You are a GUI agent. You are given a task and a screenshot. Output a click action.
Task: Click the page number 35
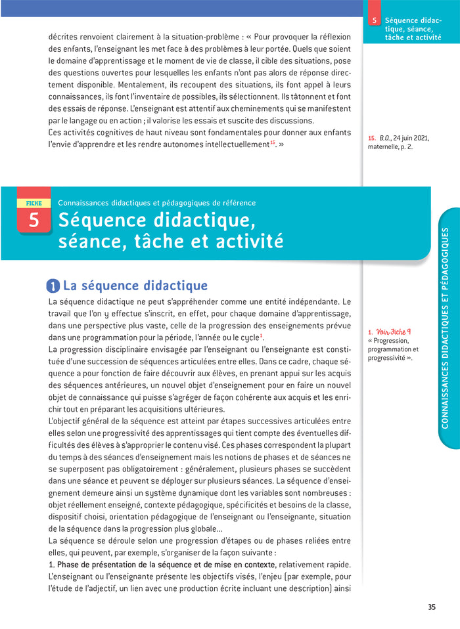click(x=432, y=607)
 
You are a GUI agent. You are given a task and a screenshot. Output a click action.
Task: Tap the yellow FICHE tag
click(x=33, y=204)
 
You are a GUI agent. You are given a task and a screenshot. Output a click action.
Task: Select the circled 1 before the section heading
click(x=53, y=286)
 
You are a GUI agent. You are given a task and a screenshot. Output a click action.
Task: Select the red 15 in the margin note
click(x=372, y=138)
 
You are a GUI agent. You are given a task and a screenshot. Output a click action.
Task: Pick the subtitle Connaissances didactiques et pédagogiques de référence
click(x=157, y=203)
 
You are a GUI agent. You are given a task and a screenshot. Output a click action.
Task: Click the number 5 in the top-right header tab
click(x=374, y=21)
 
